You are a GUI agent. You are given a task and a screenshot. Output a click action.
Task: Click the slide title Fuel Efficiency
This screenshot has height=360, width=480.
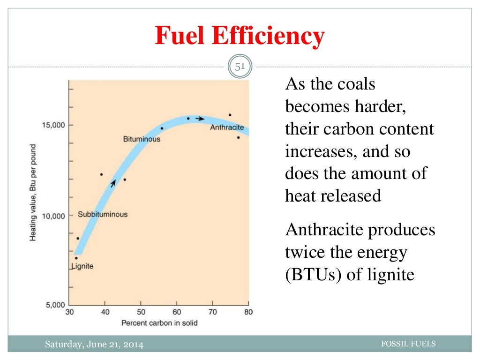pos(240,37)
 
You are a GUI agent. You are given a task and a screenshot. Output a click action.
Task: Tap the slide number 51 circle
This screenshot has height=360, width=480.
pos(240,67)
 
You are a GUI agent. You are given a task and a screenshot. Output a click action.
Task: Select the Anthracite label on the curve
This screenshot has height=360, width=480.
pos(227,127)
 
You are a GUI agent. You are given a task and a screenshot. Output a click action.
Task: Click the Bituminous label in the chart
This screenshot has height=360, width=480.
pos(142,139)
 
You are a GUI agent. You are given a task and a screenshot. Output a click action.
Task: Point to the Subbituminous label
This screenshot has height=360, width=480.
pos(103,214)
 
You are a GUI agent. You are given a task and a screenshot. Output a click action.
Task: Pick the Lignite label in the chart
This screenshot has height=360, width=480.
pos(82,266)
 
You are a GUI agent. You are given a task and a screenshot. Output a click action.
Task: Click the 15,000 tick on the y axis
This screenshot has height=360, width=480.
pos(52,125)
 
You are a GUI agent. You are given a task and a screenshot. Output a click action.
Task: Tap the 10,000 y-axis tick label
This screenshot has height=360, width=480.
pos(52,216)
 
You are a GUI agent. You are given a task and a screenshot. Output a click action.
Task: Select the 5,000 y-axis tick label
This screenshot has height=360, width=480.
pos(54,305)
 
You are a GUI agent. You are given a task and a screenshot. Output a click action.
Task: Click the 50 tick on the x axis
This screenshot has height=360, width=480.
pos(141,312)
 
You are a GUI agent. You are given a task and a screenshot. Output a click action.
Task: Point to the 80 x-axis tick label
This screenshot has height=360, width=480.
pos(248,312)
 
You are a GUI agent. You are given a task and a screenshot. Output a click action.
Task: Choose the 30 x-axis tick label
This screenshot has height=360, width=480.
pos(69,312)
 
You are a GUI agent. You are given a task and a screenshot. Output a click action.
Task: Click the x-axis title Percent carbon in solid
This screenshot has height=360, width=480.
pos(159,322)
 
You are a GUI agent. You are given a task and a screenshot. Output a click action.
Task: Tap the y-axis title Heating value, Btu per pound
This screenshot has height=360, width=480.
pos(33,192)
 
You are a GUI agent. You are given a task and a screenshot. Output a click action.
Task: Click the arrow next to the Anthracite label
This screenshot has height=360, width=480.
pos(200,119)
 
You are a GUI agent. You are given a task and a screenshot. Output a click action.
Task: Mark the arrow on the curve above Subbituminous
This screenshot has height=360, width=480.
pos(113,183)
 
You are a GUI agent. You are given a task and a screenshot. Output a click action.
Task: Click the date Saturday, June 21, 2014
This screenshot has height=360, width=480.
pos(94,345)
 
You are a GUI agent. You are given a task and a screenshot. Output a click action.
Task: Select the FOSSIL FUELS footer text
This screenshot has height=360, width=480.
pos(409,344)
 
